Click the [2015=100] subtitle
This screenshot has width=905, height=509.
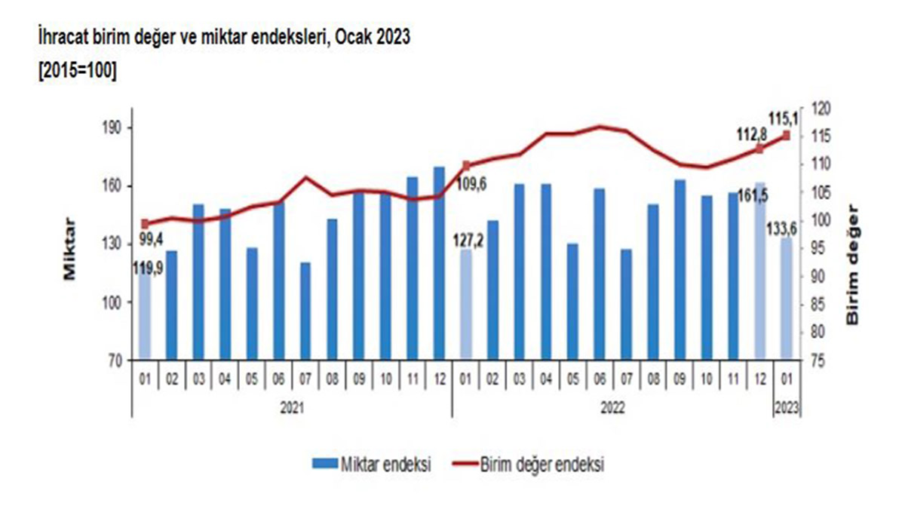pos(72,71)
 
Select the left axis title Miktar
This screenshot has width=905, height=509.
pos(70,250)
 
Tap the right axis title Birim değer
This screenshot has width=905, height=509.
pos(853,263)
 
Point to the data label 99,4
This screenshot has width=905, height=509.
pos(152,239)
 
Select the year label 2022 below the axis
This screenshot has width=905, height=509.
pos(613,407)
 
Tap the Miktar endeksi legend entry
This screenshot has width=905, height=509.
pos(372,465)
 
